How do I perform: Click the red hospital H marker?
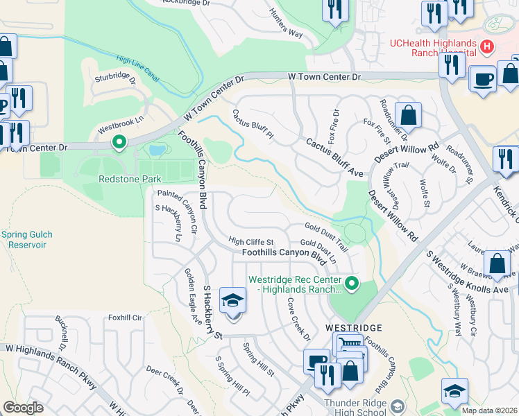(x=487, y=47)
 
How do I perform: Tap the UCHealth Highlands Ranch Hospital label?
(x=432, y=48)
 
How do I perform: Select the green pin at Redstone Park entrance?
(x=119, y=142)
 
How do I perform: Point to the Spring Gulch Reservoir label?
(x=26, y=239)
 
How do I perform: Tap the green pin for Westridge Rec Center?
(x=352, y=282)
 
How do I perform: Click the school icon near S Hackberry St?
(x=232, y=300)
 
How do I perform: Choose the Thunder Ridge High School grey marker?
(x=397, y=406)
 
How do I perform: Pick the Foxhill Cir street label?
(x=125, y=318)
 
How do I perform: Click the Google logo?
(x=23, y=408)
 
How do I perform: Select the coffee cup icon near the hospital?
(x=482, y=78)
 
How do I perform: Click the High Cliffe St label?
(x=253, y=241)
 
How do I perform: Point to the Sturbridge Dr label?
(x=117, y=76)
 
